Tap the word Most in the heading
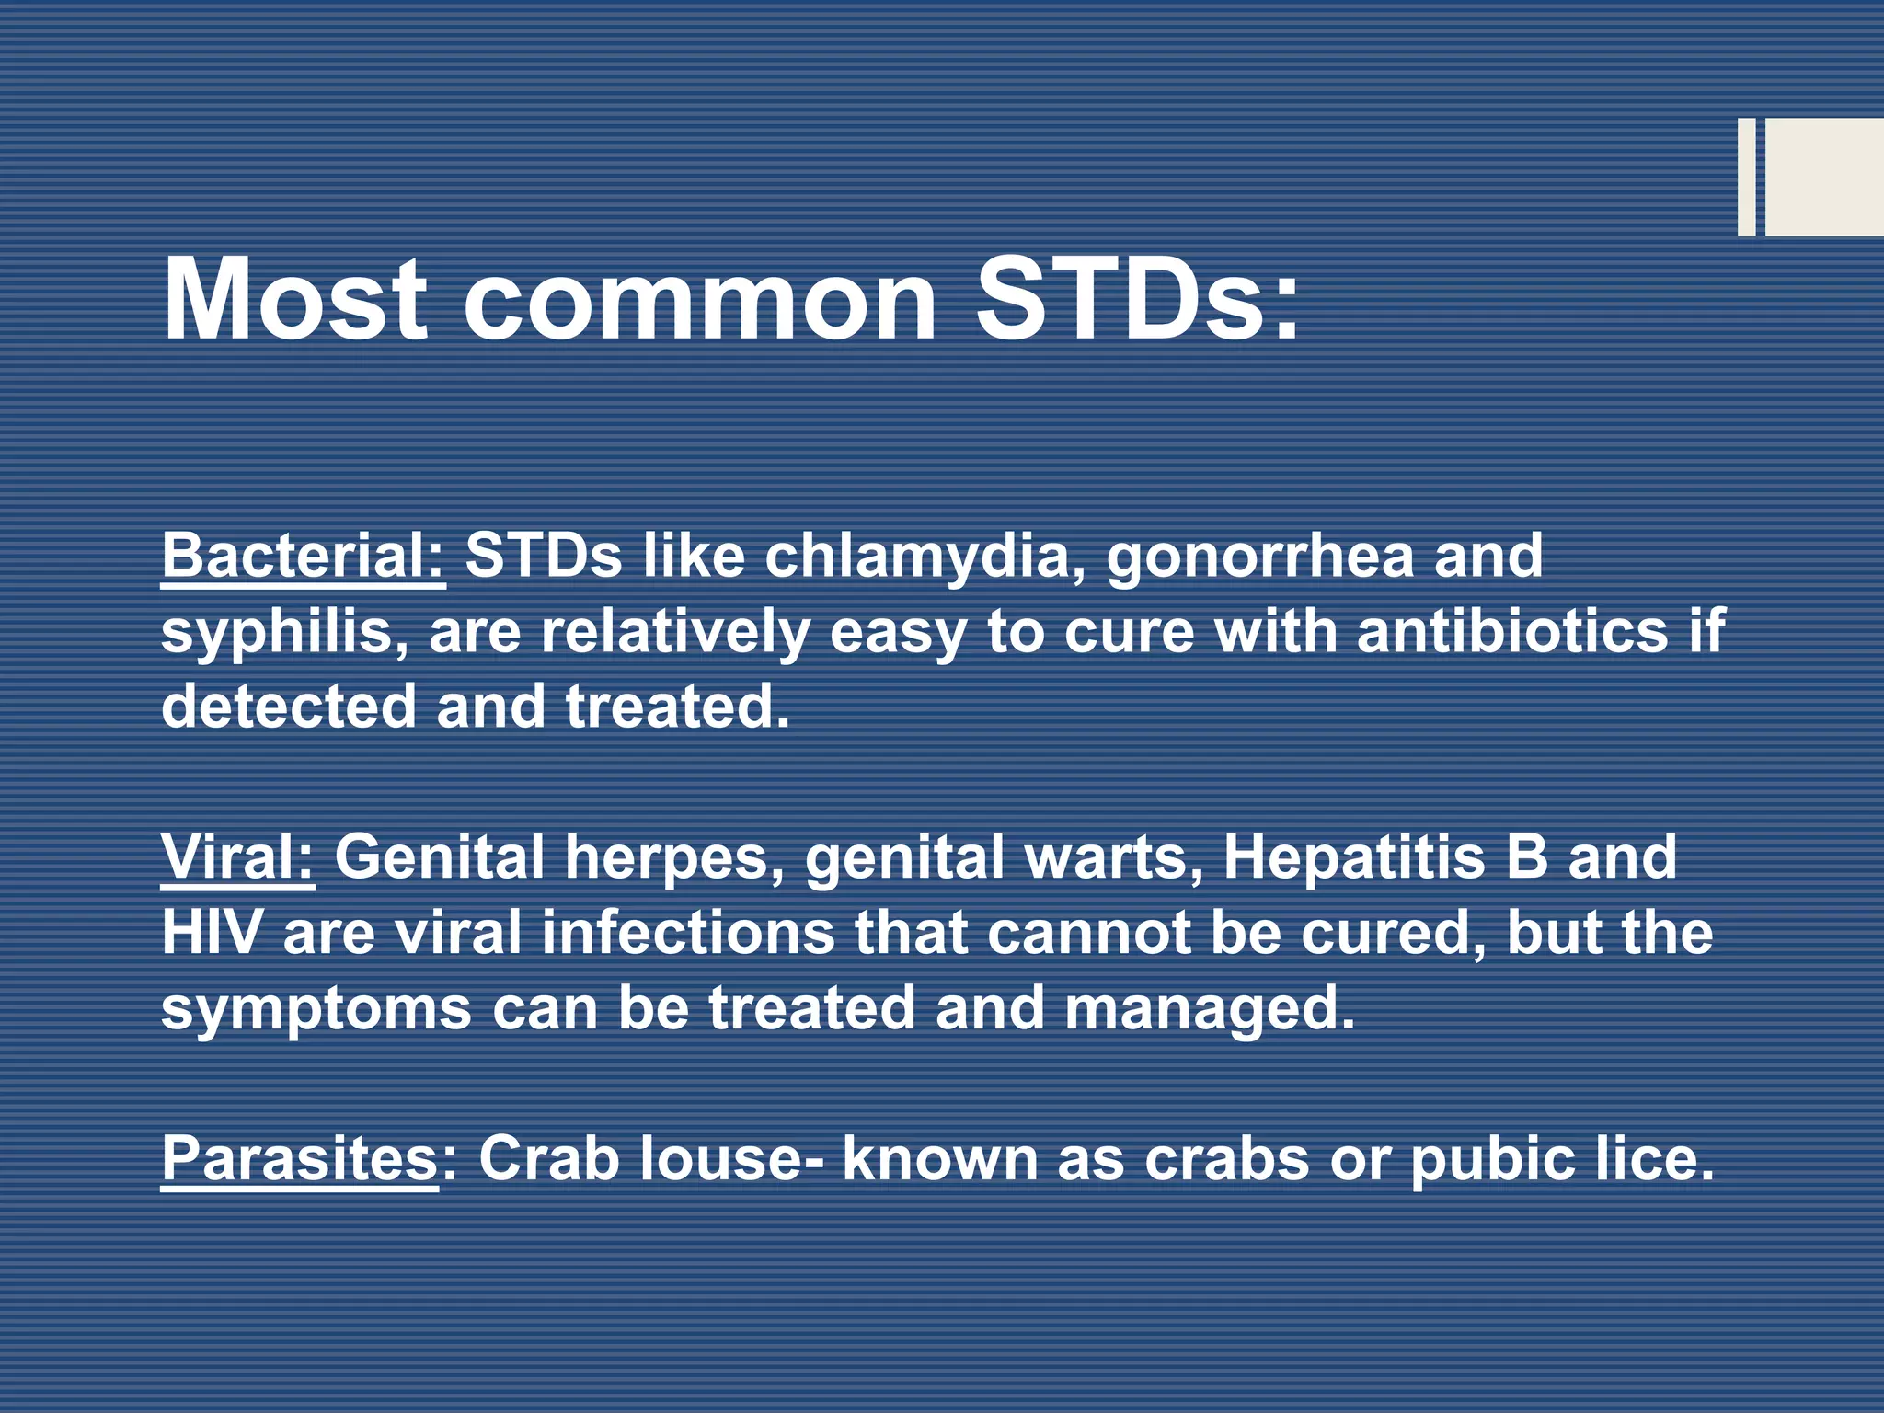[294, 299]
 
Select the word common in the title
[699, 299]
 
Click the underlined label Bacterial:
[304, 557]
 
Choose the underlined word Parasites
[299, 1158]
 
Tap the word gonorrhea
[1260, 557]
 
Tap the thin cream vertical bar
[1746, 177]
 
